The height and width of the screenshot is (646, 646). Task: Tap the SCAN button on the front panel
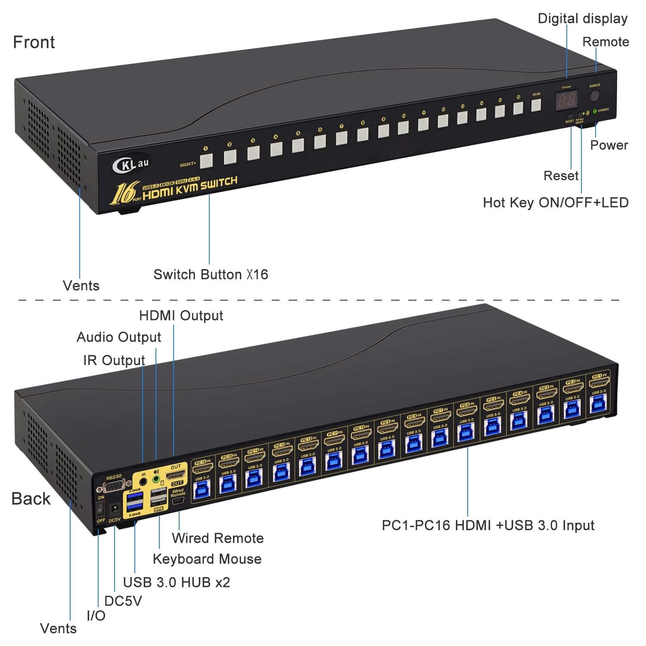[536, 105]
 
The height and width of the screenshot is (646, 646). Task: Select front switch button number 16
[518, 108]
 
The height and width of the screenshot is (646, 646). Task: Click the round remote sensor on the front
[595, 95]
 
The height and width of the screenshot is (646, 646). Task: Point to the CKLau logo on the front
[130, 164]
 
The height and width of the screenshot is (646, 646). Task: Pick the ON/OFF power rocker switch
[100, 509]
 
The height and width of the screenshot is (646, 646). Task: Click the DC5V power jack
[115, 509]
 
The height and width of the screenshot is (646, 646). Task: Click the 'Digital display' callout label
[582, 19]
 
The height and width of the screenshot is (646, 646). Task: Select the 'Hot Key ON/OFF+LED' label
[555, 202]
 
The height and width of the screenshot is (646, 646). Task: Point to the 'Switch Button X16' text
[211, 274]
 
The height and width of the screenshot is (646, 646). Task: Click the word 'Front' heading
[34, 42]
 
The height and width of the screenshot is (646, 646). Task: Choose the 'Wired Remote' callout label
[217, 538]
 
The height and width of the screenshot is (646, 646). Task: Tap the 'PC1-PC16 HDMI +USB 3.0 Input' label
[488, 525]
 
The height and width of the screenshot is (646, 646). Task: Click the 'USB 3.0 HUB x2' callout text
[176, 582]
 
